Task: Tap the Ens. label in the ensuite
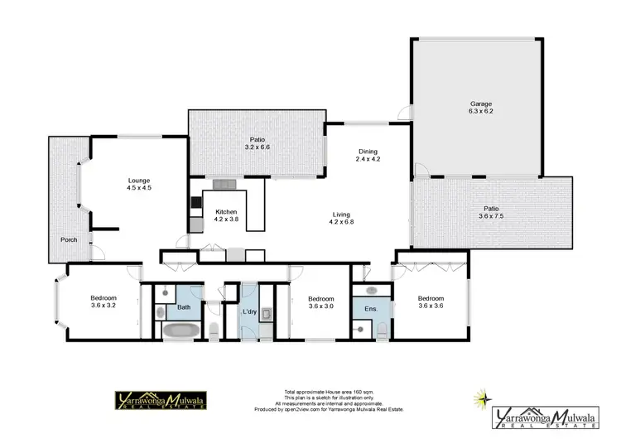click(371, 309)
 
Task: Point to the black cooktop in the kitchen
click(195, 201)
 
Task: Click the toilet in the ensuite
click(381, 331)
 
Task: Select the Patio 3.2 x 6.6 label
click(257, 143)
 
